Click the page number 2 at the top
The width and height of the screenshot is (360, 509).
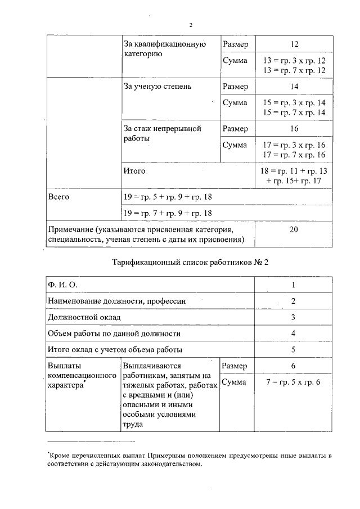tap(191, 25)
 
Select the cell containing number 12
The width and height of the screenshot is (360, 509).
tap(294, 44)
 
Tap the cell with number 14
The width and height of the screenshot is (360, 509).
tap(294, 87)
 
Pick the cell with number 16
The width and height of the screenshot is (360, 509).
tap(294, 129)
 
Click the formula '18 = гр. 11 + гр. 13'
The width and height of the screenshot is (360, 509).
tap(294, 170)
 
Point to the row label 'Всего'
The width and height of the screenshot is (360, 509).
tap(58, 197)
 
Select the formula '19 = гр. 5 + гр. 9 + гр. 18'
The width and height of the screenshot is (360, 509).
tap(168, 197)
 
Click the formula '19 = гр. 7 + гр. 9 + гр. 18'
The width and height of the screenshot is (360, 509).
tap(168, 213)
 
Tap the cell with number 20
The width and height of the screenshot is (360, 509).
tap(294, 229)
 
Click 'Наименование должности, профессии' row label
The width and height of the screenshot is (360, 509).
tap(117, 301)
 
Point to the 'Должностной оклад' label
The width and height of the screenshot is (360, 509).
tap(84, 318)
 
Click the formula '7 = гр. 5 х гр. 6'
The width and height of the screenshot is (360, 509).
tap(294, 382)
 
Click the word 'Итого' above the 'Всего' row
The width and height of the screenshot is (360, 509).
tap(134, 170)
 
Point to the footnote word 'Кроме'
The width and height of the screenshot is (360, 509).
tap(58, 454)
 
